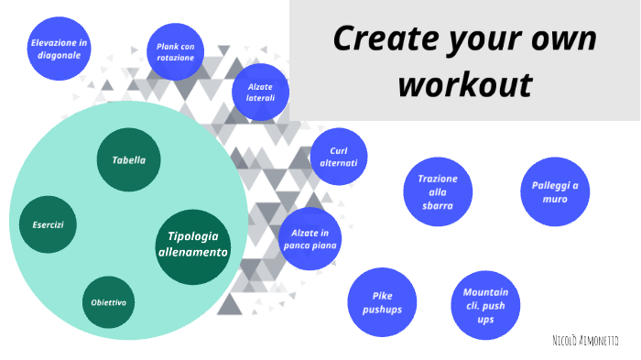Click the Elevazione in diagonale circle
[x=59, y=49]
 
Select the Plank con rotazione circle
[x=175, y=51]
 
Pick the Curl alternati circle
[x=339, y=157]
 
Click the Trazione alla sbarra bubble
[x=437, y=192]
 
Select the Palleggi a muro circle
[x=555, y=191]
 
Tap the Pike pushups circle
[x=382, y=302]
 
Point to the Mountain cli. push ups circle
[x=485, y=306]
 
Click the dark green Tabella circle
[x=129, y=160]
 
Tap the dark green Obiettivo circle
[x=109, y=302]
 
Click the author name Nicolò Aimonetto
[x=585, y=341]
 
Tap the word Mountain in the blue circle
[x=485, y=292]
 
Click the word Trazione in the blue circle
[x=437, y=179]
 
